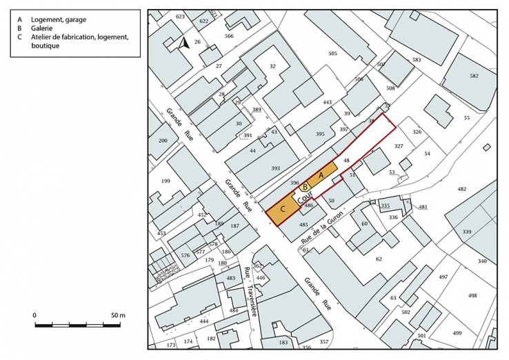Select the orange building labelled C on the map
coord(283,210)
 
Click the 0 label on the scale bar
coord(35,315)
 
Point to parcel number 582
coord(473,76)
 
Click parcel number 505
coord(332,53)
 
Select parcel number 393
coord(275,168)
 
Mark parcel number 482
coord(461,188)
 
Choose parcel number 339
coord(467,232)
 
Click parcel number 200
coord(163,140)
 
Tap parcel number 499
coord(457,332)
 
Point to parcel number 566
coord(229,36)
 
